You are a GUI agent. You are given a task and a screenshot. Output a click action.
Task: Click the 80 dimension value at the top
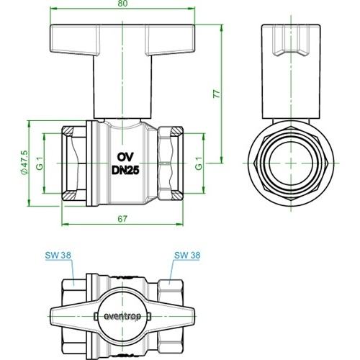pyautogui.click(x=122, y=3)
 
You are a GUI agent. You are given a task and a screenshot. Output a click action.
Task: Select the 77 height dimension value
pyautogui.click(x=217, y=94)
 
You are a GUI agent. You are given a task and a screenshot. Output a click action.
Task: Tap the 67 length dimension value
pyautogui.click(x=122, y=219)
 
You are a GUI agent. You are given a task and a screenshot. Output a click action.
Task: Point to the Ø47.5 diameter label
pyautogui.click(x=24, y=163)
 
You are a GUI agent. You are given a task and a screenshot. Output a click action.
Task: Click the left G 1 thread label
pyautogui.click(x=40, y=163)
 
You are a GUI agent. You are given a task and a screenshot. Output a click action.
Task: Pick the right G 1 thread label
pyautogui.click(x=199, y=163)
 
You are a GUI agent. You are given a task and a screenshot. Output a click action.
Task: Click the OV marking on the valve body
pyautogui.click(x=125, y=157)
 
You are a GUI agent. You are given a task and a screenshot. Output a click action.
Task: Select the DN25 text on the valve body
pyautogui.click(x=125, y=171)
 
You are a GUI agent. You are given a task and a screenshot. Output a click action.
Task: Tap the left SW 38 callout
pyautogui.click(x=58, y=255)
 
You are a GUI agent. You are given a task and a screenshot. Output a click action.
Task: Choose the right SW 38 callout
pyautogui.click(x=187, y=255)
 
